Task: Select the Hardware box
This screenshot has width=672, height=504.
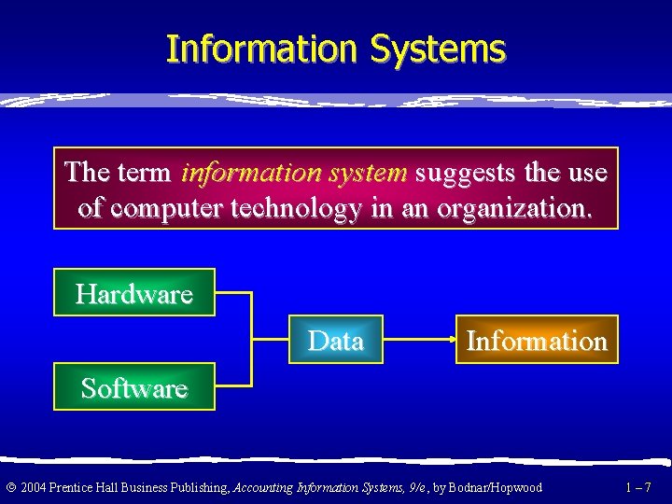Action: click(134, 293)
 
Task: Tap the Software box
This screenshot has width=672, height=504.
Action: click(134, 386)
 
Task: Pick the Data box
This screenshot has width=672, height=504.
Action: click(335, 340)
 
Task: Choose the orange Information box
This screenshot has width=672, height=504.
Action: click(537, 340)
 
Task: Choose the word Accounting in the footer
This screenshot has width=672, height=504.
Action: click(263, 486)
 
